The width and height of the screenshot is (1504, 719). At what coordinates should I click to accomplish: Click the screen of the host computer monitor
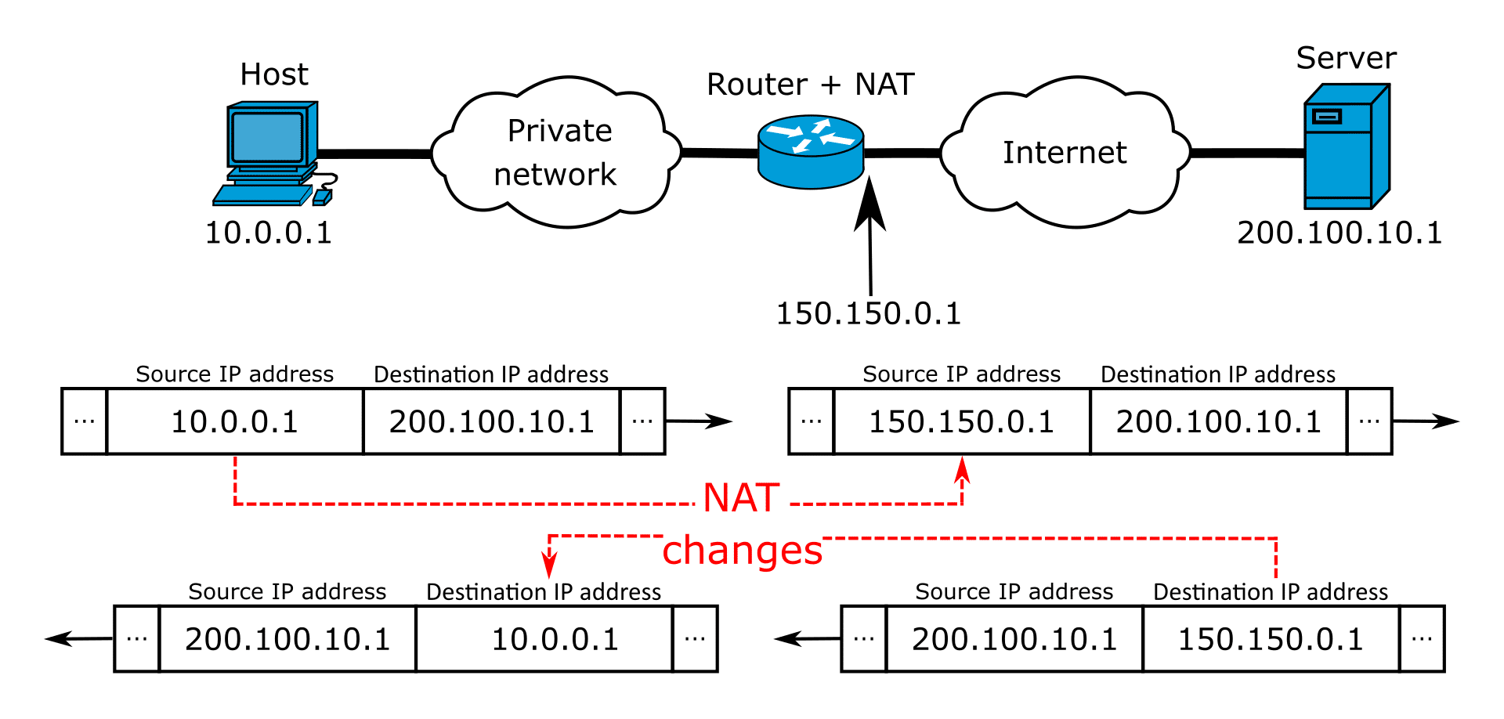point(267,137)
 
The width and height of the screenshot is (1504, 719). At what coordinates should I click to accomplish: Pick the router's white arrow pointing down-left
point(801,146)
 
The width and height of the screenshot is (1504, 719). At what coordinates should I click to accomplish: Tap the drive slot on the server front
point(1327,117)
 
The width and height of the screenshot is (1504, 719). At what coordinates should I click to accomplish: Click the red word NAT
point(741,498)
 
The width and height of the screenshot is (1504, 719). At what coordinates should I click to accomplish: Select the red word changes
point(742,551)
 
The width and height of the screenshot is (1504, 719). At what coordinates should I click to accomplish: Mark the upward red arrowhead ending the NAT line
point(962,469)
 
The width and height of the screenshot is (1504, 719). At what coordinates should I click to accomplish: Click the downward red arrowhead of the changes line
point(549,565)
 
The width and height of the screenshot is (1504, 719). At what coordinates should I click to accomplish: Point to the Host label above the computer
point(277,73)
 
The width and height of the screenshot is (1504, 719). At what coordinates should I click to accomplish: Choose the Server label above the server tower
point(1339,59)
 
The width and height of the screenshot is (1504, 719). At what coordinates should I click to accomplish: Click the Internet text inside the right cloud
point(1066,154)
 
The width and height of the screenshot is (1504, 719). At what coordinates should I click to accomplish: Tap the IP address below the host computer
point(262,233)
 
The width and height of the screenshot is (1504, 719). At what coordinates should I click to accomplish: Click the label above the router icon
point(807,85)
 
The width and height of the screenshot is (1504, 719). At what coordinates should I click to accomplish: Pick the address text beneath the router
point(862,315)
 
